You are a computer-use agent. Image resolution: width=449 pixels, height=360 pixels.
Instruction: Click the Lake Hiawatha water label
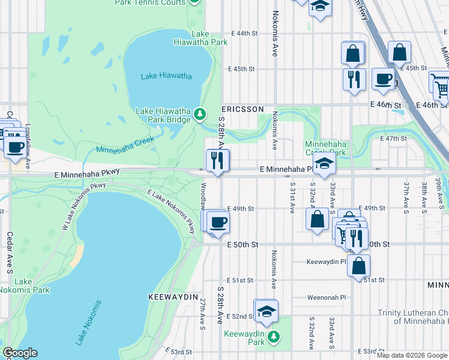pos(166,76)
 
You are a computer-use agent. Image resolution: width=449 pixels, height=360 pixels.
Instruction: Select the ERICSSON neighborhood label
pos(243,109)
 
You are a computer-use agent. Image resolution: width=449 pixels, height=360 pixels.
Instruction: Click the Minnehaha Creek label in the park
pos(125,145)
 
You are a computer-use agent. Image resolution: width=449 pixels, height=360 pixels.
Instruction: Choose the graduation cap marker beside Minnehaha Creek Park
pos(324,164)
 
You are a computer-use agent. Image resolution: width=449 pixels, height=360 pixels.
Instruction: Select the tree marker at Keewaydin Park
pos(274,336)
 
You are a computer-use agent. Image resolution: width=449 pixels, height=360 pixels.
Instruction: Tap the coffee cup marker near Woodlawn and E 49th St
pos(218,223)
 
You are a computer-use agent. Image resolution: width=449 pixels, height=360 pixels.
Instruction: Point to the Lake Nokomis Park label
pos(24,286)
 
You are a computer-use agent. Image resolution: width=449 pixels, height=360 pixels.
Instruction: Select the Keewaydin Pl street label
pos(327,262)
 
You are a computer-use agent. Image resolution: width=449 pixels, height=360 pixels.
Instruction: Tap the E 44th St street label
pos(243,34)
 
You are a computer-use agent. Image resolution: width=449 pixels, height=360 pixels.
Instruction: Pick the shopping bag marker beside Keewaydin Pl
pos(358,265)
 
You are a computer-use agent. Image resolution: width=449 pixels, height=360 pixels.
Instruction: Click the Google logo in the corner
pos(20,353)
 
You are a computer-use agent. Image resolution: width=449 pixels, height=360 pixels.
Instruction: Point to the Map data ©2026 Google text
pos(411,355)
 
